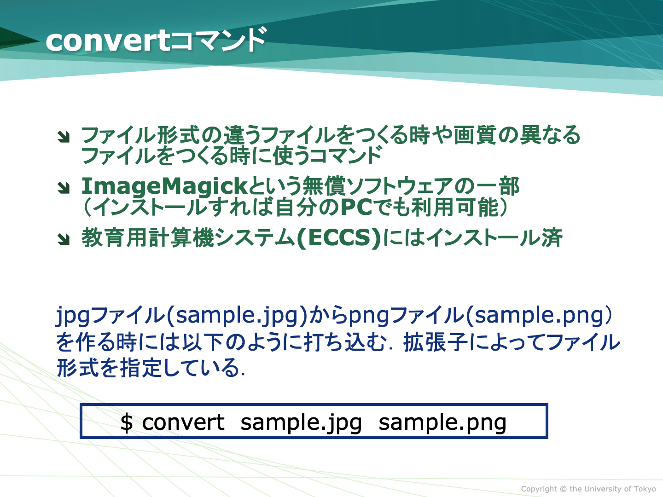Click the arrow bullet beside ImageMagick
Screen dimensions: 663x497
(x=64, y=188)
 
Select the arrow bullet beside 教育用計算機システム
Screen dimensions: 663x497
(x=64, y=239)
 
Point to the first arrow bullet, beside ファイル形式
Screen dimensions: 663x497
(x=64, y=137)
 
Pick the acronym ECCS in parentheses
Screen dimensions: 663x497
(x=339, y=237)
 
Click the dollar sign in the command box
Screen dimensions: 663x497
(x=126, y=422)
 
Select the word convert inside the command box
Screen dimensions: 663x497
(x=183, y=422)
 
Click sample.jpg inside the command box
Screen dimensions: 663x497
(x=301, y=423)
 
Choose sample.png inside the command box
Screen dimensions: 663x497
(x=442, y=423)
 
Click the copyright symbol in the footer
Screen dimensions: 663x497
(x=563, y=489)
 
